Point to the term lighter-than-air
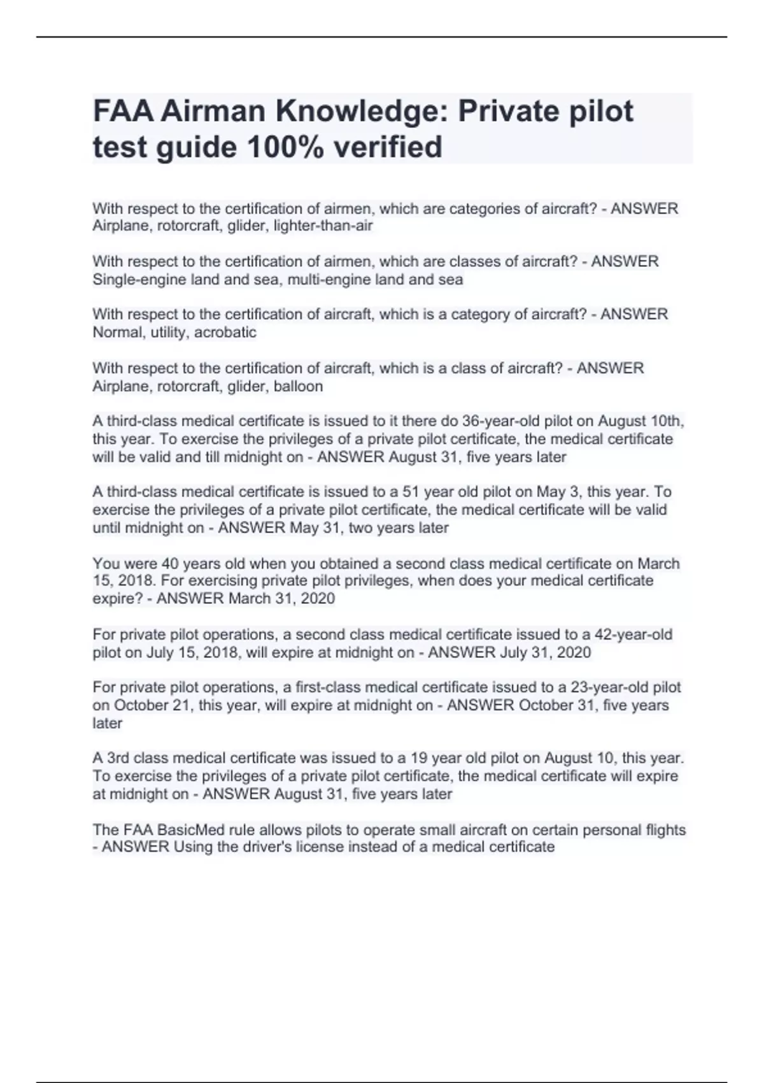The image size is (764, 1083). coord(323,226)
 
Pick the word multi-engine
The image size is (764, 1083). coord(329,280)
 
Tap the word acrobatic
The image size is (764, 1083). coord(225,333)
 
